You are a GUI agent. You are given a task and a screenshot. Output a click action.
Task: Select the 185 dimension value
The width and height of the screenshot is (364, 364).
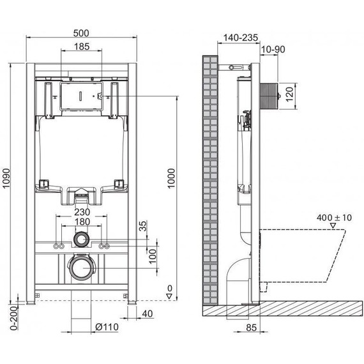(80, 47)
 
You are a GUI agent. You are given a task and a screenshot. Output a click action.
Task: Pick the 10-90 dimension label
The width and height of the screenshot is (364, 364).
(273, 49)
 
